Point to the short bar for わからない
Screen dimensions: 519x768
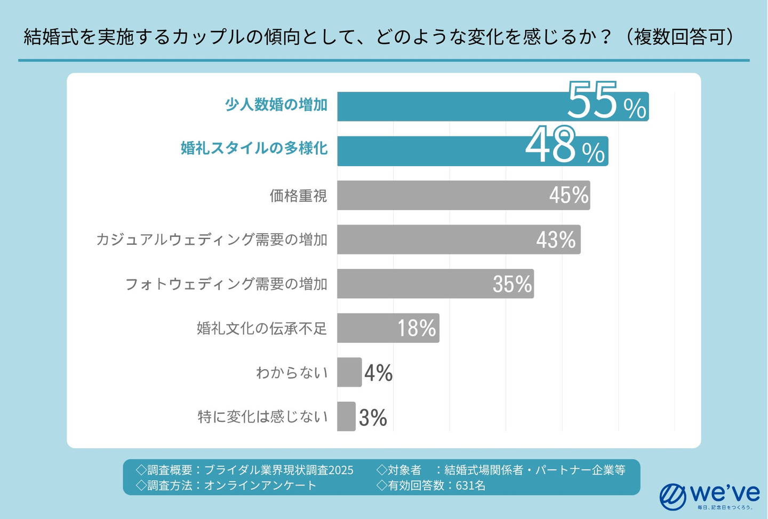coord(349,372)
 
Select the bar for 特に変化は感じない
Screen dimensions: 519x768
coord(346,416)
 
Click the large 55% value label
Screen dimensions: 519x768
coord(606,101)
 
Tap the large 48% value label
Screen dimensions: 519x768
coord(565,146)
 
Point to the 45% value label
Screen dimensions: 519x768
coord(569,195)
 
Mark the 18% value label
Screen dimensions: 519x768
coord(417,328)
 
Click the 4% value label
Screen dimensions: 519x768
coord(379,373)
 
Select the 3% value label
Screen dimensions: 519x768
coord(373,417)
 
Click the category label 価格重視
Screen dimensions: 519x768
coord(298,196)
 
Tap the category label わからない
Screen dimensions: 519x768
coord(292,372)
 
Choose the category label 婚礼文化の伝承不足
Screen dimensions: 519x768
coord(261,328)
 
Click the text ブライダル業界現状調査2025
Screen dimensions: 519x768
coord(278,470)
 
